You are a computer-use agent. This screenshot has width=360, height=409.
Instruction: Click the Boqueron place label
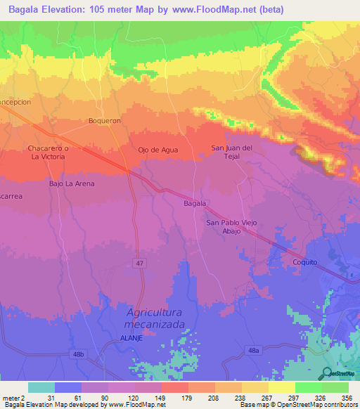click(105, 121)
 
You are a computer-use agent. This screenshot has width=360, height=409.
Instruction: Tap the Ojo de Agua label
click(158, 150)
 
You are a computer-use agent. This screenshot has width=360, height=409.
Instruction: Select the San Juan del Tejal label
click(232, 152)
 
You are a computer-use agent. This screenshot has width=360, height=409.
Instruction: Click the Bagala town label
click(194, 203)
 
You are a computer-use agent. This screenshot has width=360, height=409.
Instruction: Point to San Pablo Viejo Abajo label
click(231, 227)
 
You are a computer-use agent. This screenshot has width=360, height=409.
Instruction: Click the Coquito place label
click(305, 261)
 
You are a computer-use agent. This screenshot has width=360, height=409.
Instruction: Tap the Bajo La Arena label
click(71, 183)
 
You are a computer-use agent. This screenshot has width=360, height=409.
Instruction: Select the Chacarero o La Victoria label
click(47, 152)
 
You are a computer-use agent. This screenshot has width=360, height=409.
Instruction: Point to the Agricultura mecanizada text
click(154, 318)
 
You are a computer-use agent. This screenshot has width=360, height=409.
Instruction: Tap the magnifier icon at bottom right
click(327, 374)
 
